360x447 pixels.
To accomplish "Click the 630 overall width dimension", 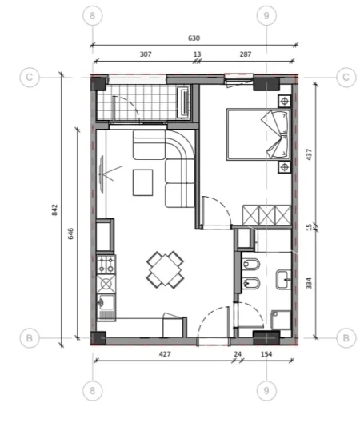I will (x=194, y=38).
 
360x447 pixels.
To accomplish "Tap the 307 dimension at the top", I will (x=146, y=55).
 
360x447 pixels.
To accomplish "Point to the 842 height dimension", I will (x=54, y=209).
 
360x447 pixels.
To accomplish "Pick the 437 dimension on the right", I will (x=309, y=154).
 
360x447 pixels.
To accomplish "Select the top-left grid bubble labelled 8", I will (x=94, y=15).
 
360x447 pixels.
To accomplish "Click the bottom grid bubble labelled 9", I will (x=266, y=389).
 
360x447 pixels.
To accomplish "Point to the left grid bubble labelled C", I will (x=29, y=77).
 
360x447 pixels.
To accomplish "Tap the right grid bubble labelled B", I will (x=345, y=338).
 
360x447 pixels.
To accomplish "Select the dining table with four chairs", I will (x=165, y=269).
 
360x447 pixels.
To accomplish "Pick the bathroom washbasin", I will (x=282, y=280).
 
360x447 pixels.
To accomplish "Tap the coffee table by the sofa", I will (x=144, y=182).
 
